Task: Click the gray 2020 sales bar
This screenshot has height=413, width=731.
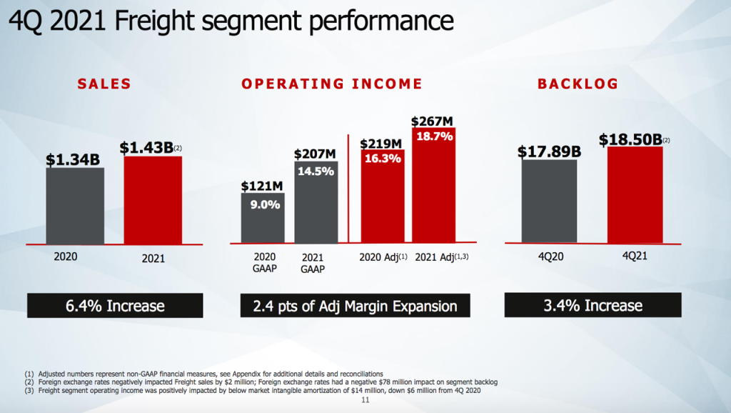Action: [x=75, y=207]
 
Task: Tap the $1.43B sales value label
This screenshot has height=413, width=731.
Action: [x=147, y=147]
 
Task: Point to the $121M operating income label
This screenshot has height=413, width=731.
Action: [x=263, y=186]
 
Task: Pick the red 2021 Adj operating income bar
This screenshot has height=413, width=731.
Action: [x=434, y=189]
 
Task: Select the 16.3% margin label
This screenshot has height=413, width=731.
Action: [x=382, y=160]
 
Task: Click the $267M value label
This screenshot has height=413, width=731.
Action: [x=433, y=121]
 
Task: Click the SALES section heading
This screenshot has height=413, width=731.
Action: [x=104, y=84]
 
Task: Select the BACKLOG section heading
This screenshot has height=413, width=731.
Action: [x=578, y=84]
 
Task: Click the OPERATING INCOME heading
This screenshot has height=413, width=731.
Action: [x=332, y=84]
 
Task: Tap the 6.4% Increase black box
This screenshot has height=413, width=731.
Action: [x=116, y=306]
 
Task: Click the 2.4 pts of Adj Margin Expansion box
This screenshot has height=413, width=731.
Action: [x=355, y=306]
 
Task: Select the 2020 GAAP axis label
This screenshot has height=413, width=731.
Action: [x=265, y=263]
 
